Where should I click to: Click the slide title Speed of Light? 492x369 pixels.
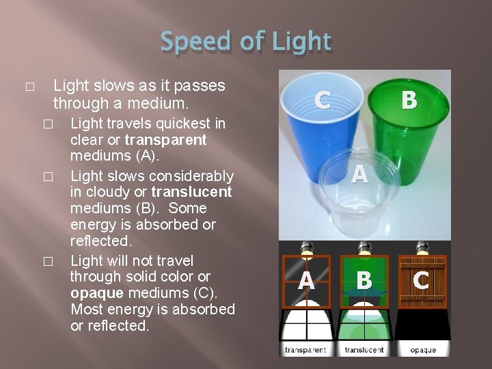(x=246, y=43)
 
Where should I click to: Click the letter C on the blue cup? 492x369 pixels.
(x=323, y=100)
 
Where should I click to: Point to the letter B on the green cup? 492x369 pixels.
(x=409, y=100)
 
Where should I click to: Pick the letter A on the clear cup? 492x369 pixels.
(x=359, y=175)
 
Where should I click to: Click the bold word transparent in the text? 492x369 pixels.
(x=166, y=140)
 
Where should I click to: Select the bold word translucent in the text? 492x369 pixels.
(x=191, y=192)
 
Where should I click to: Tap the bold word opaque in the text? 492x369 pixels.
(x=96, y=293)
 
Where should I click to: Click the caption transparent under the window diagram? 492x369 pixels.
(x=305, y=350)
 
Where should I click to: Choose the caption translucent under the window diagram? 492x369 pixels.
(x=364, y=350)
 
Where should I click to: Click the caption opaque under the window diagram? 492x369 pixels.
(x=423, y=350)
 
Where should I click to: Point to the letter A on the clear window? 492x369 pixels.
(x=306, y=279)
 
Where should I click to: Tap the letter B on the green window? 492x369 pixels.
(x=364, y=279)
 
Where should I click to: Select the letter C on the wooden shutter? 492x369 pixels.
(x=422, y=279)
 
